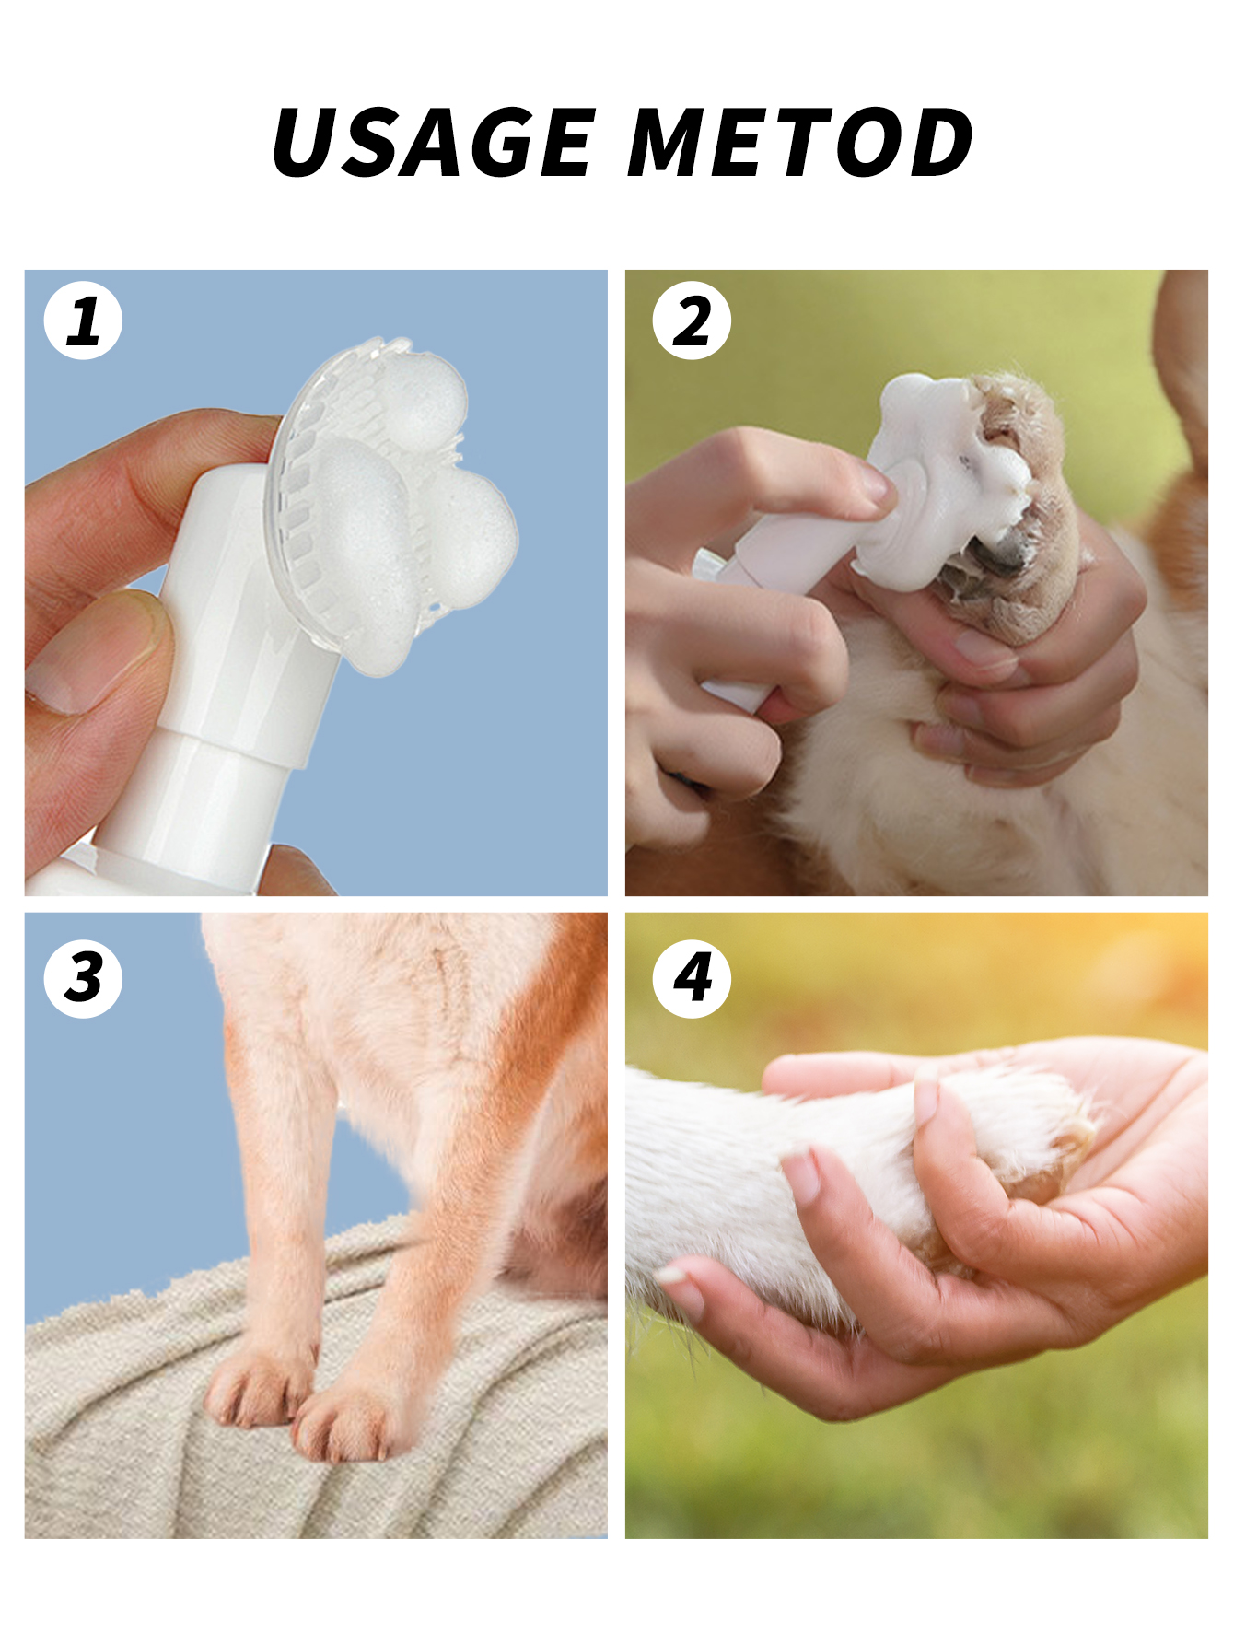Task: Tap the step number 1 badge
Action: [x=83, y=321]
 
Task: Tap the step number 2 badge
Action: [x=692, y=321]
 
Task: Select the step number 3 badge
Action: [x=83, y=978]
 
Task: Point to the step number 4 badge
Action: [x=692, y=978]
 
